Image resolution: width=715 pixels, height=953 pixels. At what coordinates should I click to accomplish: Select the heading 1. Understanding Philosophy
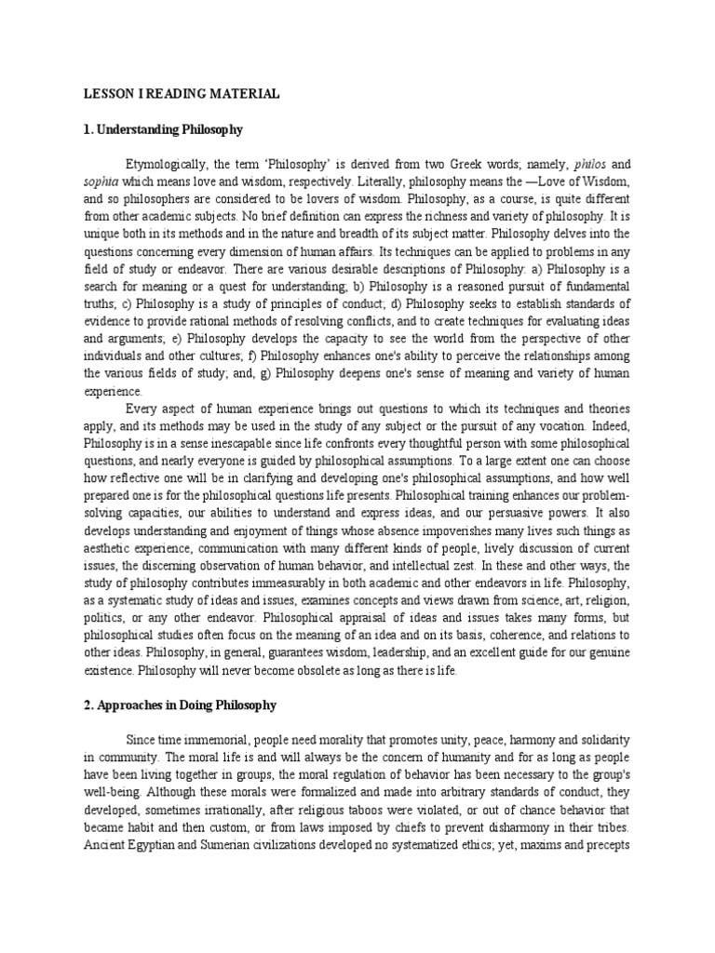click(x=163, y=129)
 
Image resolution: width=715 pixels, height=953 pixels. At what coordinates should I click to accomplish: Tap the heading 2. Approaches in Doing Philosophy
click(x=180, y=705)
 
